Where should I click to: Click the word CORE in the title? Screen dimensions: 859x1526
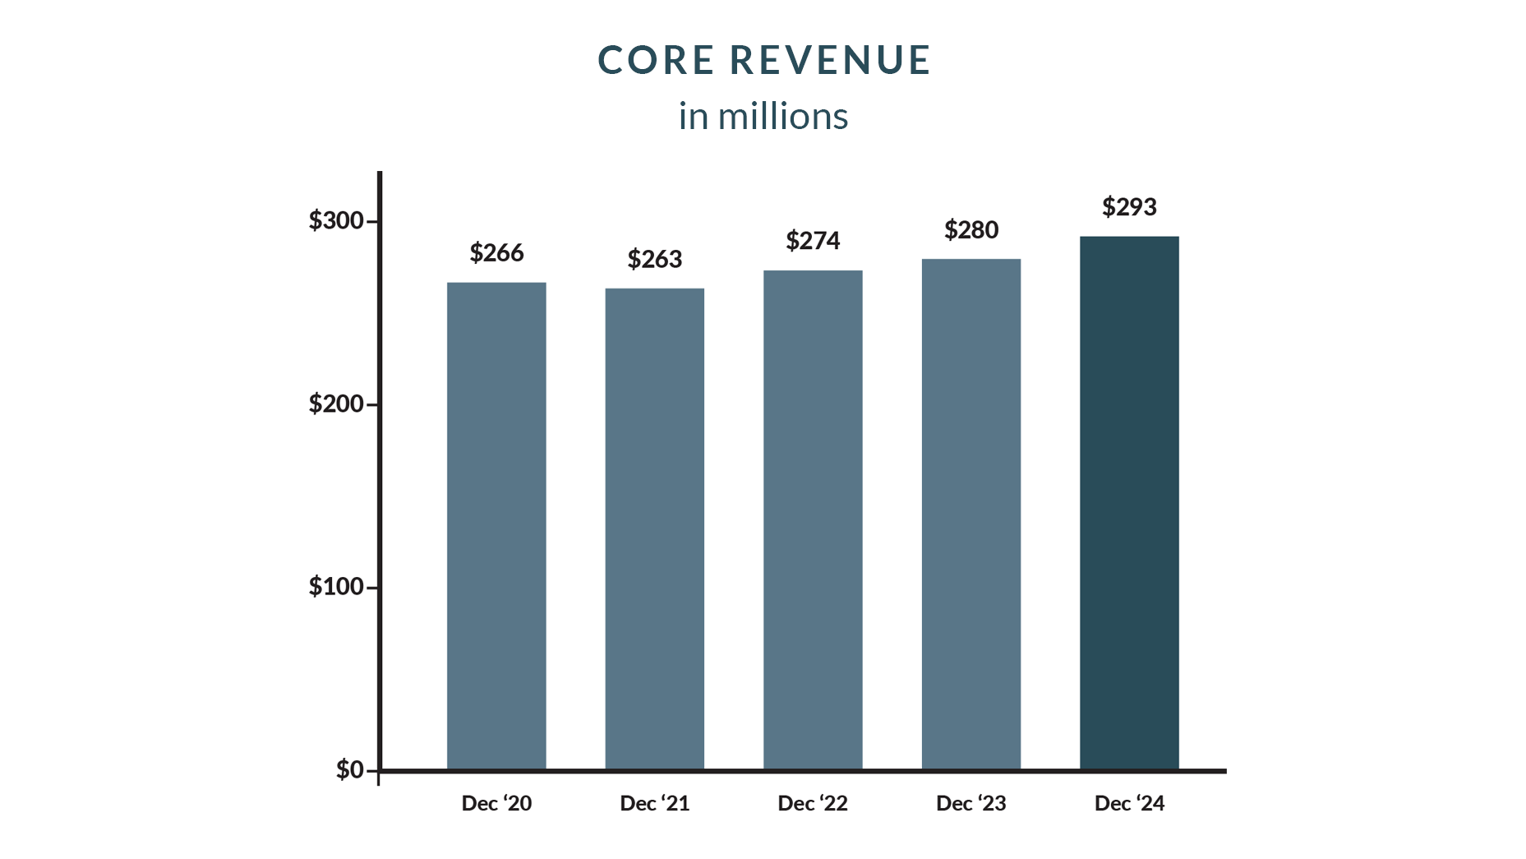656,61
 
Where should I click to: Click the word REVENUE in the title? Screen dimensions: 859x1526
830,61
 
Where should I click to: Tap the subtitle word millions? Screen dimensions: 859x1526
782,117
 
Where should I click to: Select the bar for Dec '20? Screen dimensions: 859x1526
496,526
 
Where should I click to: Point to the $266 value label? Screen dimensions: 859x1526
496,253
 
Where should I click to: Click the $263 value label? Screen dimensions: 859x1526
654,260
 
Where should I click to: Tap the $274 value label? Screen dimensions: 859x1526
813,241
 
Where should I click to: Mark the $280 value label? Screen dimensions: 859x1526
970,230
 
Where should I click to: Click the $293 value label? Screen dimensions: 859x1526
1129,207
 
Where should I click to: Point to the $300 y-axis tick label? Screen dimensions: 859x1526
336,220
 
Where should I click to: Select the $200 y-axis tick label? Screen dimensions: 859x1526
336,404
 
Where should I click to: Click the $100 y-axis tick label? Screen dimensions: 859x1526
336,587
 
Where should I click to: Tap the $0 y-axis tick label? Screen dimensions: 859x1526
349,770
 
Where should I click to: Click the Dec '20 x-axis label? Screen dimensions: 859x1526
496,804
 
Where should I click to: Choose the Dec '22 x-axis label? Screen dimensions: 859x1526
813,804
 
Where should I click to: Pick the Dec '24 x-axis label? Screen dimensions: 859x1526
1129,804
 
